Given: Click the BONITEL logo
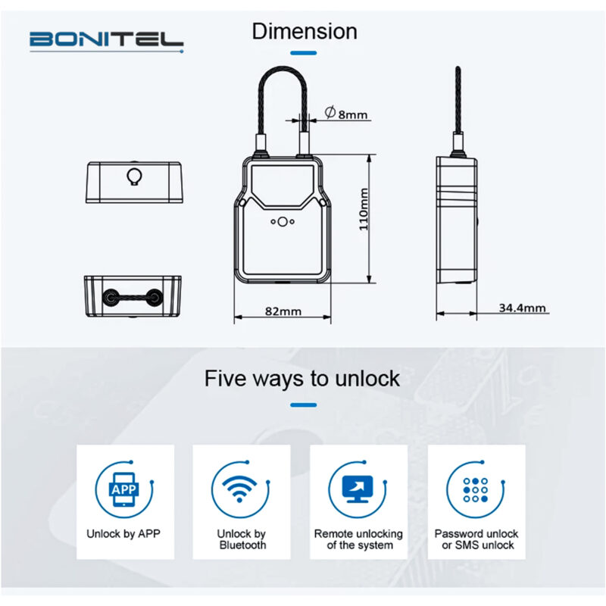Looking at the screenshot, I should pos(106,39).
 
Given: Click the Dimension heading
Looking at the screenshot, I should pos(304,32).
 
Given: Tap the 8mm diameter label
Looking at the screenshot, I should pos(346,114).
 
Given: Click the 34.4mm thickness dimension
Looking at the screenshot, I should pos(523,308).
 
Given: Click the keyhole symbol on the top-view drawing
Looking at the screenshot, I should pos(134,176).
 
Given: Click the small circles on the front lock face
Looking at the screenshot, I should pos(281,223).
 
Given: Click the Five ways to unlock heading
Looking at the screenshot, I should pos(302,378).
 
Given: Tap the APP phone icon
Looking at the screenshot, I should pos(123,490).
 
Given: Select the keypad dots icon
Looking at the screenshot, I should pos(475,490).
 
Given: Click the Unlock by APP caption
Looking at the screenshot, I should pos(123,533).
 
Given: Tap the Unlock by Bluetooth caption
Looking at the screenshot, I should pos(241,539).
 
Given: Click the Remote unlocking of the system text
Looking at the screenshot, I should pos(358,539).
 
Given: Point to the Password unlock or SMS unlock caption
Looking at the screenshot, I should pos(475,539).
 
